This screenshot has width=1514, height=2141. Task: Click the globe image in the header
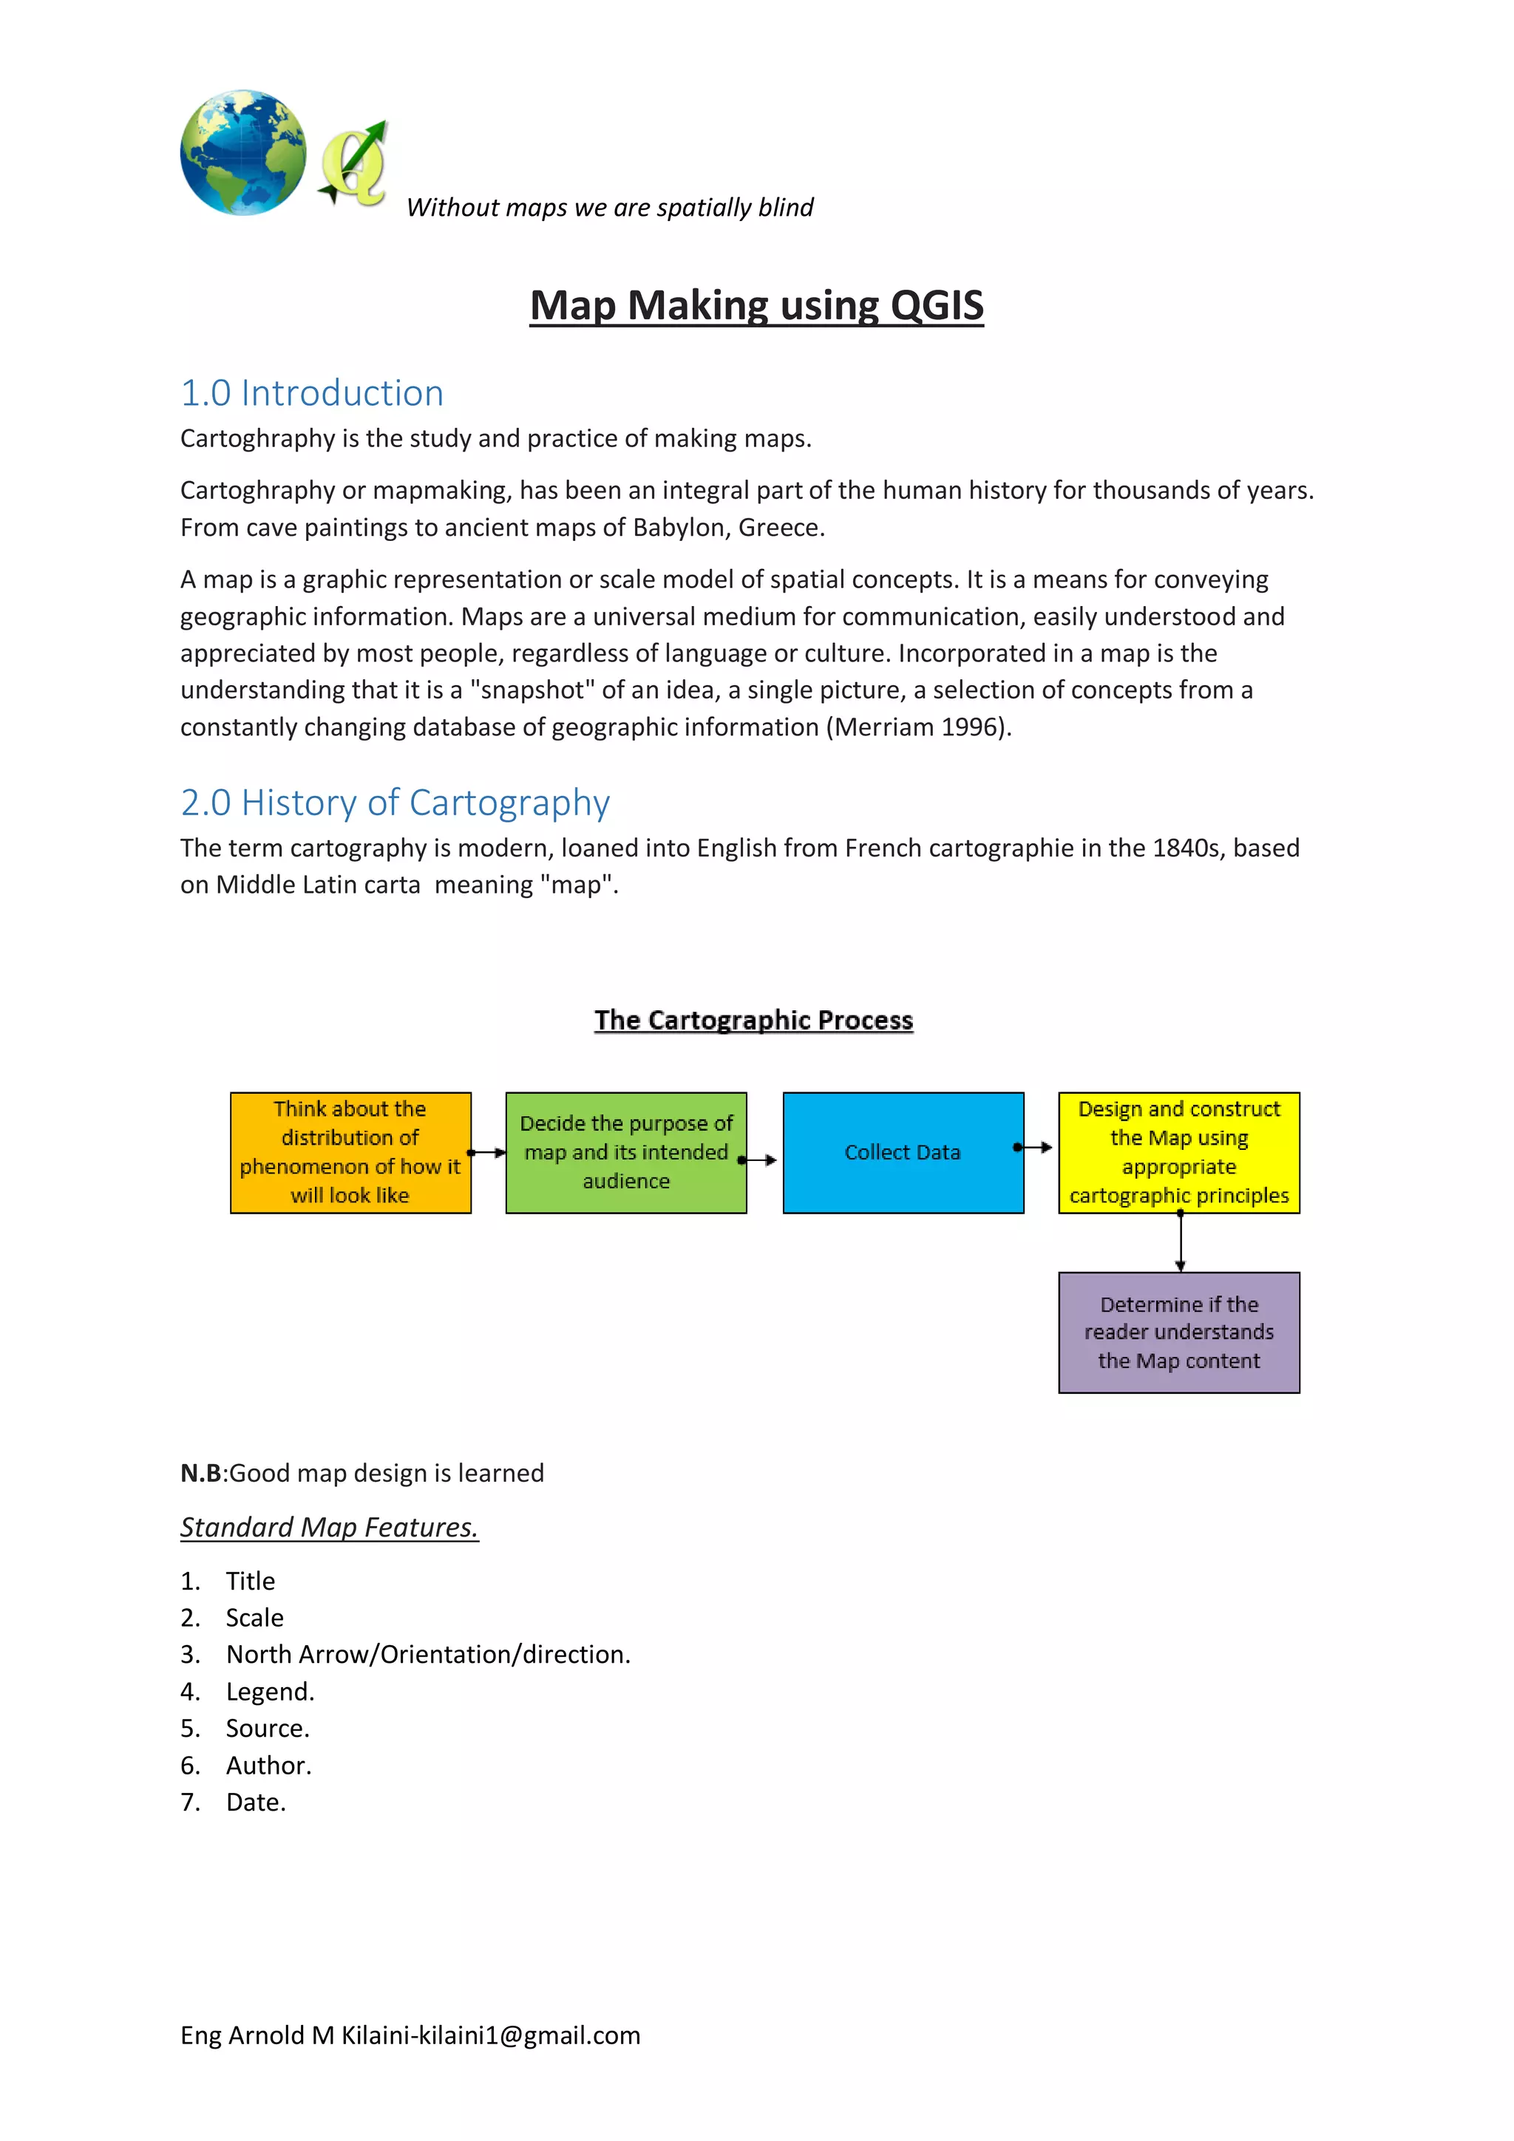tap(242, 153)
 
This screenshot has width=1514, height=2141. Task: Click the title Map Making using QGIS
tap(756, 306)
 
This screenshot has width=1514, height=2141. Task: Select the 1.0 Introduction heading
tap(311, 393)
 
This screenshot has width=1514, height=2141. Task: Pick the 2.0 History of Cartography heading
tap(395, 803)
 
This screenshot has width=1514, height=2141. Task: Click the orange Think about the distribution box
tap(350, 1153)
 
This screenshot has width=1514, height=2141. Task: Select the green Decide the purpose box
tap(626, 1153)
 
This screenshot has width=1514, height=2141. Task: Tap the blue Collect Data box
tap(902, 1153)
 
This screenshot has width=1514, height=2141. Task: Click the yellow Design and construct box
tap(1178, 1153)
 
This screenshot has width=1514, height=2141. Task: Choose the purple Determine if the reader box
tap(1178, 1332)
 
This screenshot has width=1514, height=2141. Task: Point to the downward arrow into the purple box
tap(1180, 1242)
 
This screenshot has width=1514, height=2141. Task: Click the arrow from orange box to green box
tap(487, 1153)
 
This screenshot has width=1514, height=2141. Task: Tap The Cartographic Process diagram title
tap(754, 1020)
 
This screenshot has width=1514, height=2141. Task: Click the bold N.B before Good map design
tap(200, 1474)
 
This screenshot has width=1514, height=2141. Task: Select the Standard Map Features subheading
tap(329, 1528)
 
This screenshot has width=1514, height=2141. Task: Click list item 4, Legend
tap(270, 1692)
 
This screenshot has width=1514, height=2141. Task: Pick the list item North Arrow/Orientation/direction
tap(428, 1654)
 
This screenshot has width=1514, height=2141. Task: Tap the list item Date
tap(256, 1802)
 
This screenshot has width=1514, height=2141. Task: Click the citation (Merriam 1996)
tap(918, 727)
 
